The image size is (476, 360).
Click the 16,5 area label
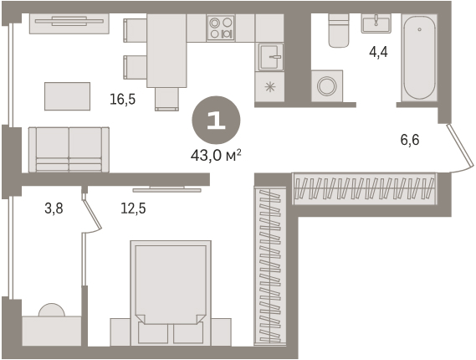123,100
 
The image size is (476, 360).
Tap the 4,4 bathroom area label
379,53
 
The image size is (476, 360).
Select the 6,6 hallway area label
410,140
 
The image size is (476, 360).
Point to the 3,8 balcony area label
54,208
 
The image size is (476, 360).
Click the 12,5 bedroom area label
133,208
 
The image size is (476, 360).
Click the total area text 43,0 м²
216,157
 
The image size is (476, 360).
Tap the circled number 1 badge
216,121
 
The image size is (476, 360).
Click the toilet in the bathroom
339,30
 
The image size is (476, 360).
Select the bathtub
419,58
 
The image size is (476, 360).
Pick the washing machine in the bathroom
327,86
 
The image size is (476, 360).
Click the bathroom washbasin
376,23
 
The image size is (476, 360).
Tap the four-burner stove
221,28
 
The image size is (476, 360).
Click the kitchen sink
271,57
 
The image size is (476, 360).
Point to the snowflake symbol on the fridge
269,87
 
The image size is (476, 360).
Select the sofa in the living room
69,150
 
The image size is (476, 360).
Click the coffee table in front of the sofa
68,96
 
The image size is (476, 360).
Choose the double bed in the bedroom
171,293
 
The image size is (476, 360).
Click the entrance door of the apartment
461,149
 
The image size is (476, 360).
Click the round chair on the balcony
52,311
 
